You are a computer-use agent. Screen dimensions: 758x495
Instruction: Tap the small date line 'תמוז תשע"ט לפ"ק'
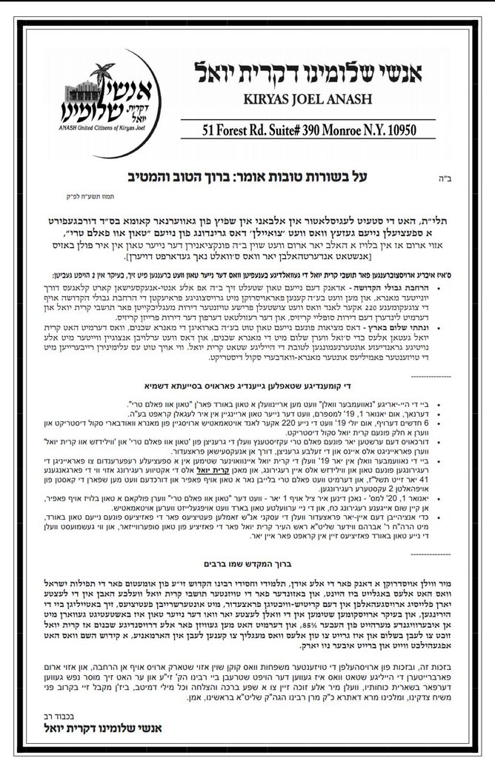(x=99, y=198)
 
